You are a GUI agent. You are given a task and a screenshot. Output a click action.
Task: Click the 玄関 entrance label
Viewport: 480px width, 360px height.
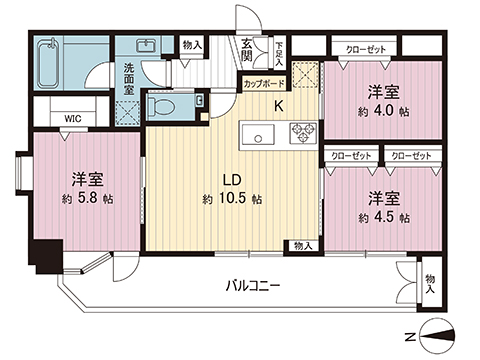click(x=247, y=48)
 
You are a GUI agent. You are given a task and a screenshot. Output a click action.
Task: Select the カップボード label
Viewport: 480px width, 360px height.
click(x=262, y=85)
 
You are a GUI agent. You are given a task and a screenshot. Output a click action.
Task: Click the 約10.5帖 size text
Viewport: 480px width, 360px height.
click(x=231, y=199)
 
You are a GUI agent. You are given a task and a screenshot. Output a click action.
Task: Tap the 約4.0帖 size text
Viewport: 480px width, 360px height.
click(x=382, y=111)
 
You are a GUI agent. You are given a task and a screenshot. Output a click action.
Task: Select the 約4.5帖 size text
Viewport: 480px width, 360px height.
click(x=382, y=214)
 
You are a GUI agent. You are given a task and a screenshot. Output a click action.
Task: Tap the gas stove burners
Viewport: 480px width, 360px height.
click(x=302, y=131)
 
